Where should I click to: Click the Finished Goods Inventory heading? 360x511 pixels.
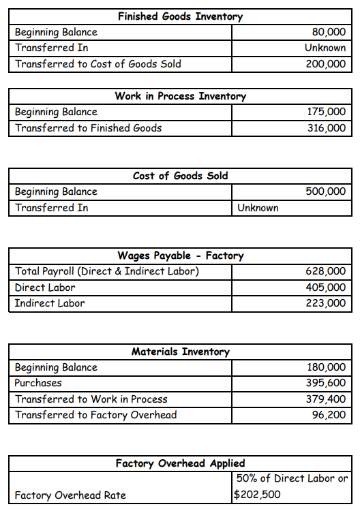coord(180,16)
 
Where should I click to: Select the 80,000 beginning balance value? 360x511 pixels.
coord(328,32)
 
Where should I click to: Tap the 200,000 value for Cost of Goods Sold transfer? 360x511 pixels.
coord(325,64)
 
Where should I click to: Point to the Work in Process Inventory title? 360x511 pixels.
coord(180,96)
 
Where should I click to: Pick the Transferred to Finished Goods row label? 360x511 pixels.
coord(89,127)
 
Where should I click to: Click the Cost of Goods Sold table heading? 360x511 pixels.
coord(180,176)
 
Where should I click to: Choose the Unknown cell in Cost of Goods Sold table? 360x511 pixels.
coord(258,208)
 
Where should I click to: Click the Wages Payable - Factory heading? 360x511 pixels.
coord(180,255)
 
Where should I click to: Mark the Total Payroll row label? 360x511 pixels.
coord(107,272)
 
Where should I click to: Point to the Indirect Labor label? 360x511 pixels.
coord(50,303)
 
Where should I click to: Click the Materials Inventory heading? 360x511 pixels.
coord(180,352)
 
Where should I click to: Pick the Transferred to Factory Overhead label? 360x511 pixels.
coord(95,415)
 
